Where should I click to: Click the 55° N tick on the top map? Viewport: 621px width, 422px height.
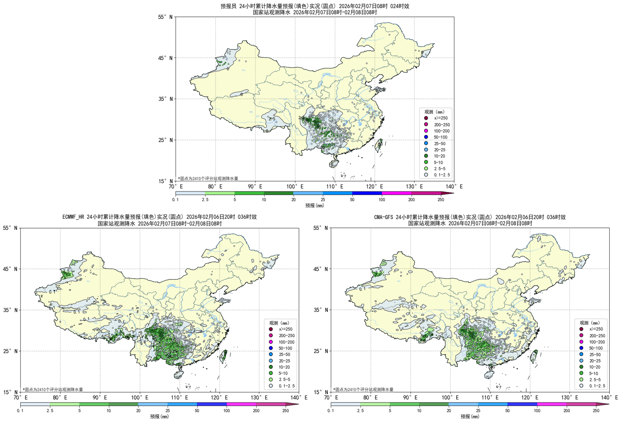pyautogui.click(x=165, y=17)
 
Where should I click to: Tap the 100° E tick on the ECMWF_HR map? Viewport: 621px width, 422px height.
pyautogui.click(x=140, y=397)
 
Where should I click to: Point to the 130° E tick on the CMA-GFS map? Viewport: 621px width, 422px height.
pyautogui.click(x=570, y=397)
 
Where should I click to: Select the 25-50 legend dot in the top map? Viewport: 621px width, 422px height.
pyautogui.click(x=426, y=143)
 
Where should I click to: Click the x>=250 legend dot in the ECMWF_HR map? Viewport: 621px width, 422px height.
pyautogui.click(x=271, y=329)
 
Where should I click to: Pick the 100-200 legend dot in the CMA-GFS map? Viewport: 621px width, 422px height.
pyautogui.click(x=581, y=342)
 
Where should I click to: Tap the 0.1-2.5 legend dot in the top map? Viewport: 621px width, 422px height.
pyautogui.click(x=426, y=175)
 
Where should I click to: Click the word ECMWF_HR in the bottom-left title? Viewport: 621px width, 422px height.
pyautogui.click(x=74, y=217)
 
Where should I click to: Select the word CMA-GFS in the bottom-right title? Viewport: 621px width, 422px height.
pyautogui.click(x=384, y=217)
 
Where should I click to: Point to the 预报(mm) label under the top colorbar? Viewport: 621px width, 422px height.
pyautogui.click(x=314, y=206)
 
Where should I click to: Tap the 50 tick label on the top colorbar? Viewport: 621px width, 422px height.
pyautogui.click(x=352, y=200)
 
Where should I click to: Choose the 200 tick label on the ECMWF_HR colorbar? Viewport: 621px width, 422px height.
pyautogui.click(x=256, y=411)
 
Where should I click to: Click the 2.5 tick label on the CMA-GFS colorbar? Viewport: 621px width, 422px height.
pyautogui.click(x=360, y=411)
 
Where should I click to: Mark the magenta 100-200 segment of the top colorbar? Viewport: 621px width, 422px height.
pyautogui.click(x=397, y=193)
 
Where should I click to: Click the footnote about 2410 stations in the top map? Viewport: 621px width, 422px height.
pyautogui.click(x=208, y=178)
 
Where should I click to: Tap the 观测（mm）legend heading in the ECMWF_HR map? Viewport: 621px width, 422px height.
pyautogui.click(x=279, y=323)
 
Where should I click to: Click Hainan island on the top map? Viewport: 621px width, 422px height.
pyautogui.click(x=334, y=164)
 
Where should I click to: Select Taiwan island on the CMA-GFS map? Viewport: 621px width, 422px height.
pyautogui.click(x=534, y=356)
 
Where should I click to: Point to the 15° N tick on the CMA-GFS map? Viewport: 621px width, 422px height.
pyautogui.click(x=320, y=392)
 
